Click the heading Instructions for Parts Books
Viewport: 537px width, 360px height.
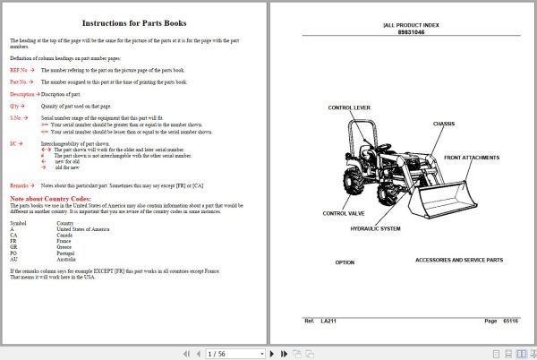point(133,23)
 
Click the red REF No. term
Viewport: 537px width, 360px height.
point(20,69)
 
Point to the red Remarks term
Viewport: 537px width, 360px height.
point(20,184)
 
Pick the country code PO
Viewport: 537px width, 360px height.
point(13,252)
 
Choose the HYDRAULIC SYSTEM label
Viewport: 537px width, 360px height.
point(375,229)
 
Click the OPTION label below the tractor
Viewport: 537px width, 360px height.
point(345,262)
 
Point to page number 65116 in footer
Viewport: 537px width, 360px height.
point(509,320)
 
